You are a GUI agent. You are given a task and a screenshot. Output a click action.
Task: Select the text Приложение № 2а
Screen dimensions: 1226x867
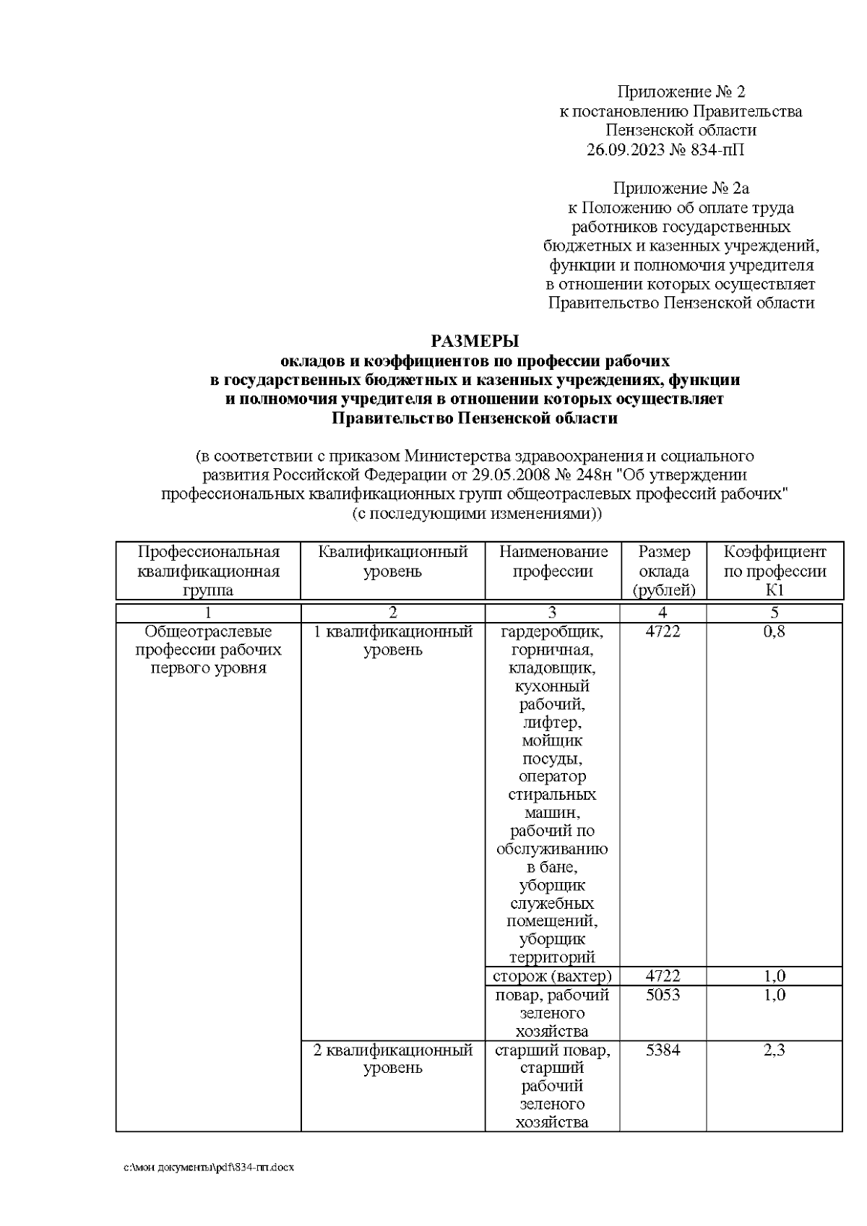pyautogui.click(x=681, y=189)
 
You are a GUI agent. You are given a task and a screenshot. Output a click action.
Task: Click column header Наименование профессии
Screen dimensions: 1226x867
pyautogui.click(x=553, y=562)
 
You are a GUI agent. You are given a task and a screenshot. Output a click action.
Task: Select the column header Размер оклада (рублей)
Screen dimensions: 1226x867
pyautogui.click(x=663, y=571)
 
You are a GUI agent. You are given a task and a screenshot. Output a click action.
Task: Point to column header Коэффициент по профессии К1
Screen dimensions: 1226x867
pyautogui.click(x=775, y=571)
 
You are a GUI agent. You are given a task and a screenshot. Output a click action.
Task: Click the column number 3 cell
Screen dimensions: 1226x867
pyautogui.click(x=553, y=613)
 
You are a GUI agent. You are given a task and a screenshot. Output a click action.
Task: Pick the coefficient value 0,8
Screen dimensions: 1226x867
pyautogui.click(x=775, y=631)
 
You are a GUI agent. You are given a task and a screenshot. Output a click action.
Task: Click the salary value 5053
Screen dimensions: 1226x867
pyautogui.click(x=663, y=995)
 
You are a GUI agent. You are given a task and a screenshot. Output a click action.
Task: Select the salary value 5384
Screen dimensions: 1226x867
pyautogui.click(x=663, y=1050)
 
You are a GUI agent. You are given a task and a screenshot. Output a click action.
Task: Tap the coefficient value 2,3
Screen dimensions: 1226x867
pyautogui.click(x=775, y=1050)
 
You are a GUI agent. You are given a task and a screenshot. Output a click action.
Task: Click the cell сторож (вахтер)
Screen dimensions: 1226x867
pyautogui.click(x=553, y=976)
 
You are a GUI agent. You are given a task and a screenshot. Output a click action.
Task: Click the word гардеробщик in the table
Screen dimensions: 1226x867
pyautogui.click(x=553, y=632)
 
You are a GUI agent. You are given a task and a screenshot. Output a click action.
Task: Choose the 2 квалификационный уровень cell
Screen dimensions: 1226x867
pyautogui.click(x=392, y=1058)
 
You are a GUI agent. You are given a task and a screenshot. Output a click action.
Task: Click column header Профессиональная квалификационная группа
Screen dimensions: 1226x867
pyautogui.click(x=208, y=571)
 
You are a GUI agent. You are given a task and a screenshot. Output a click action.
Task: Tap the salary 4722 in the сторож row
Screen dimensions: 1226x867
pyautogui.click(x=663, y=976)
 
